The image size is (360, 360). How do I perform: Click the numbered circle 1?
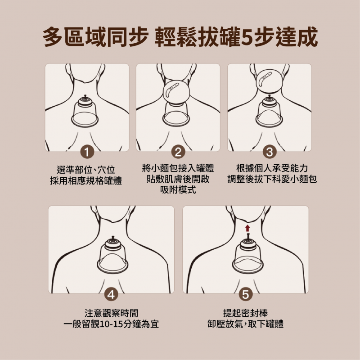(87, 152)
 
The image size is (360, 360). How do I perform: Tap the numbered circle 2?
(178, 152)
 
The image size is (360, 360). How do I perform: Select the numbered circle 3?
(269, 152)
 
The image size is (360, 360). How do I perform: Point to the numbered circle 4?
(111, 294)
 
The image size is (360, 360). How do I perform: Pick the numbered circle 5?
(245, 294)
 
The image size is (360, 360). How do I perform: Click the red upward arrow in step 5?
(247, 228)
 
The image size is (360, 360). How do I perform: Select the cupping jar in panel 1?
(85, 111)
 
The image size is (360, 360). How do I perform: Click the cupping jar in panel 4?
(112, 255)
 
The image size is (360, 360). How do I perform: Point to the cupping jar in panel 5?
(248, 255)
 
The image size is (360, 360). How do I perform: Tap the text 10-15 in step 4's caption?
(112, 324)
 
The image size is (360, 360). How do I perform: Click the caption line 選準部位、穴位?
(85, 170)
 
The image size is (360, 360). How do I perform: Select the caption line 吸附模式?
(178, 190)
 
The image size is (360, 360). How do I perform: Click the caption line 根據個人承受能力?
(272, 168)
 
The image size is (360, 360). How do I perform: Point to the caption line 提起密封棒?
(245, 313)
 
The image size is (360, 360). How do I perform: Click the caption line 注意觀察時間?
(111, 313)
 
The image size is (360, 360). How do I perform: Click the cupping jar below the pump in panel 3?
(269, 111)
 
